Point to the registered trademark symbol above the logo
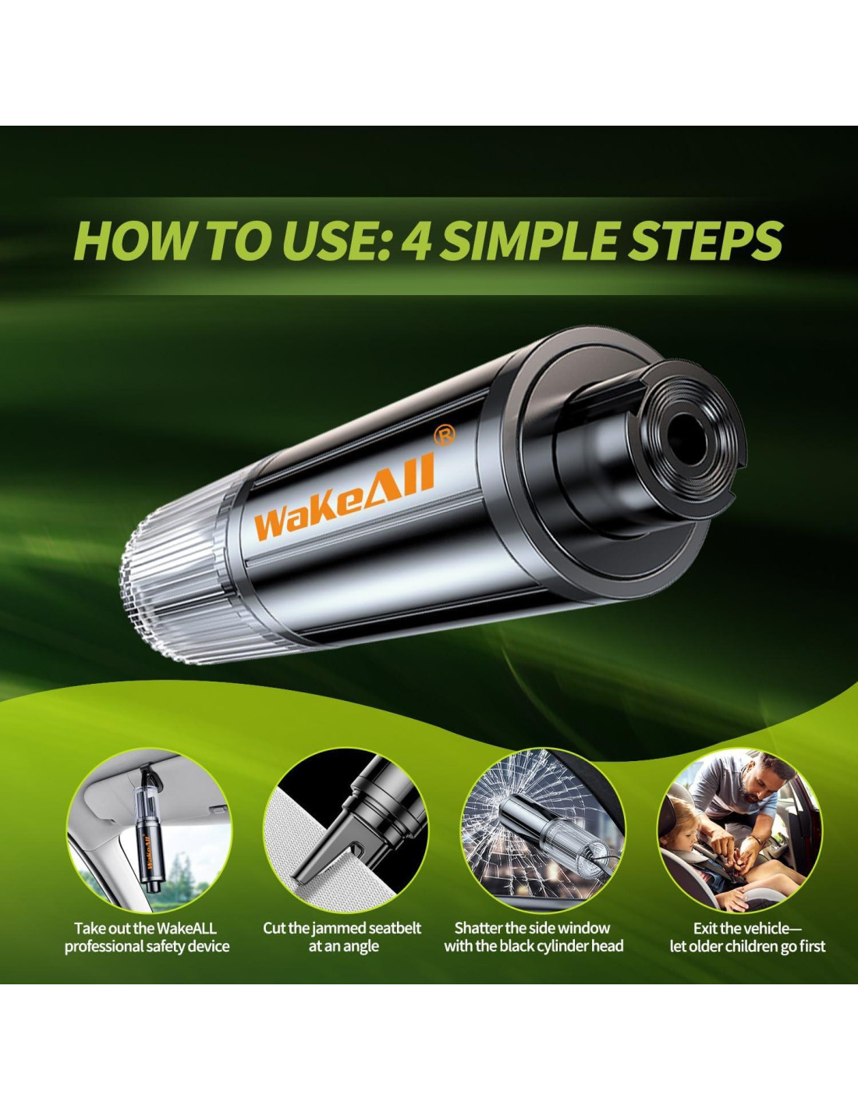pyautogui.click(x=444, y=436)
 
